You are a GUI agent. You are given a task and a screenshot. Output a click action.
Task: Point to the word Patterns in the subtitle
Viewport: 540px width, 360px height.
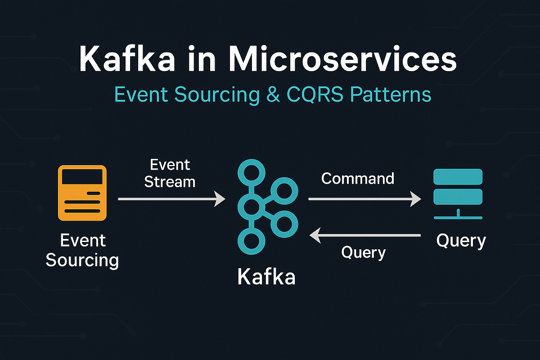[391, 95]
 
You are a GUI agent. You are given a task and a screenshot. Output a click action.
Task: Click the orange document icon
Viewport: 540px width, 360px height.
[82, 193]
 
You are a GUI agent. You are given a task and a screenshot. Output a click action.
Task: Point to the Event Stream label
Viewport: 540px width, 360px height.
[170, 173]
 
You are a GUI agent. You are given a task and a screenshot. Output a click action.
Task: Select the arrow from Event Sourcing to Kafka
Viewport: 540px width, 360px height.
[171, 198]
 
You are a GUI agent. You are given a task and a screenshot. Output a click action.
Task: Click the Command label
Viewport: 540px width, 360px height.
[358, 179]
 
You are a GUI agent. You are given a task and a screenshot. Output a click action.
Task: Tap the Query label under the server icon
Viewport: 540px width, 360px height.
[461, 241]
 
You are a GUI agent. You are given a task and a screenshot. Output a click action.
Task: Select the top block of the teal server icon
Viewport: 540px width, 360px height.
[458, 176]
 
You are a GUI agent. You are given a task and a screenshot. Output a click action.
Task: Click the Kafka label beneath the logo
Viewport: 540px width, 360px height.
[266, 276]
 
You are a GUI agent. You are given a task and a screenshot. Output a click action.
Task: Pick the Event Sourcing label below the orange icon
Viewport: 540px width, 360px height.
[82, 250]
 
